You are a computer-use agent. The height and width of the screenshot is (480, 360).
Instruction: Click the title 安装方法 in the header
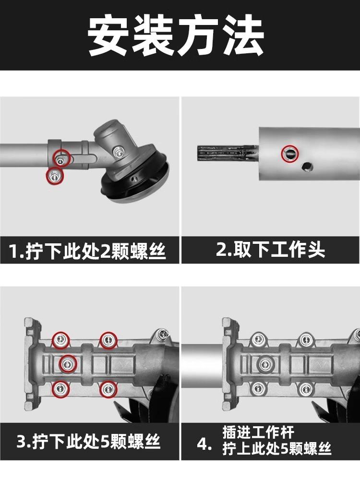[176, 35]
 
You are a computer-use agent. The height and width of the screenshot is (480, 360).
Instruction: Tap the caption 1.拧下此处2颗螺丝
[87, 251]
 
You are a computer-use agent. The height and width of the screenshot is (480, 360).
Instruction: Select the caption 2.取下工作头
[270, 250]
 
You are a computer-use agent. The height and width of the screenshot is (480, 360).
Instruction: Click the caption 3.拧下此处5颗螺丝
[88, 442]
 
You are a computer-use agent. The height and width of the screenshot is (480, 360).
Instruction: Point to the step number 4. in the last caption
[204, 444]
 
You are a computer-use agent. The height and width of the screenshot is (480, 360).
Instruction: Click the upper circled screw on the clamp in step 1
[61, 158]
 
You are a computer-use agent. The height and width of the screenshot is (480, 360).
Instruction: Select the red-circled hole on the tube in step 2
[289, 154]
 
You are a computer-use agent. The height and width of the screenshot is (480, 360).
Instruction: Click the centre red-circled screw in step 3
[67, 364]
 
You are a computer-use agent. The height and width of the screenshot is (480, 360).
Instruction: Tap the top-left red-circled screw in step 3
[60, 340]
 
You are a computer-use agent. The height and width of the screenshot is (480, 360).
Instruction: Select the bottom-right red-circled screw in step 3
[108, 389]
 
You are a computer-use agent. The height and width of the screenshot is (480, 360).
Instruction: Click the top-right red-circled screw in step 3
[108, 340]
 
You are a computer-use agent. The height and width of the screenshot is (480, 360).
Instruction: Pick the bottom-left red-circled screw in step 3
[60, 389]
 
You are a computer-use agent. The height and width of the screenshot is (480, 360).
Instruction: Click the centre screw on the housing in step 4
[265, 364]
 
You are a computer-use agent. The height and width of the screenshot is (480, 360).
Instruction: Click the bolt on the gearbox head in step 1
[118, 151]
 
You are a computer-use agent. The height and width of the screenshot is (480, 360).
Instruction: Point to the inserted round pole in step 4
[202, 364]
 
